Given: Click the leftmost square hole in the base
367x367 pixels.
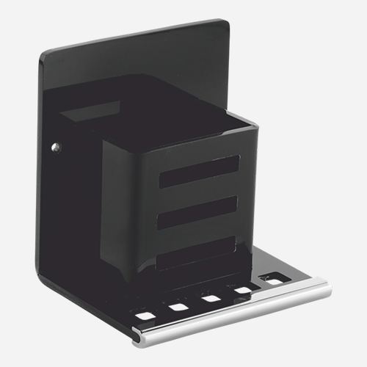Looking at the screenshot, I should tap(145, 315).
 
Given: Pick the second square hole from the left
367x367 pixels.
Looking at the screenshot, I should tap(178, 307).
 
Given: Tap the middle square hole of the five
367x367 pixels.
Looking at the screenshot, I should tap(211, 298).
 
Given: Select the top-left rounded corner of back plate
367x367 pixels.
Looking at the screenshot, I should tap(46, 54).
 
